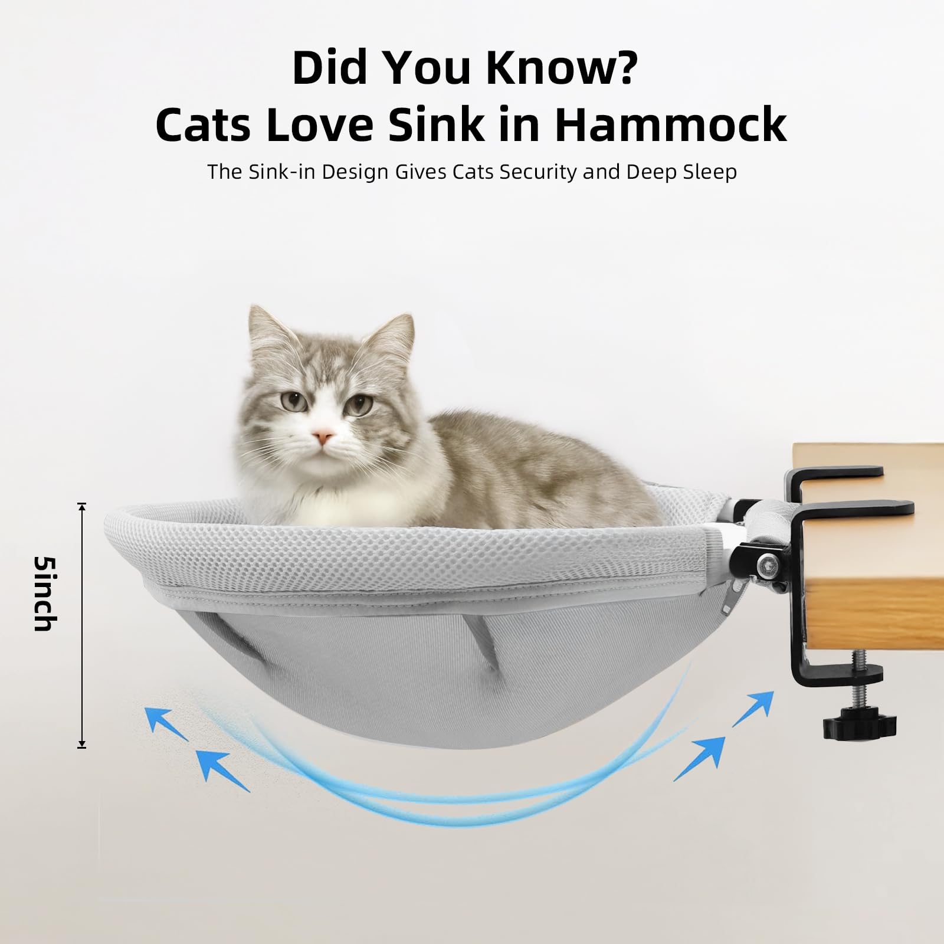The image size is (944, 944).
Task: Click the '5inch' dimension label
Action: [43, 593]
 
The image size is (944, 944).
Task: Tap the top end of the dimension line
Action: [82, 505]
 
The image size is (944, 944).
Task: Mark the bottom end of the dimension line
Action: [82, 747]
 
